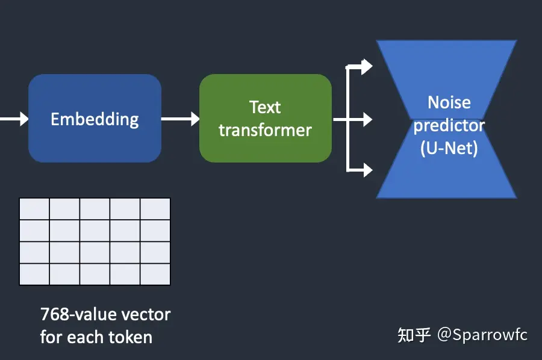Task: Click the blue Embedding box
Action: pos(95,118)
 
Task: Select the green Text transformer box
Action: pos(265,118)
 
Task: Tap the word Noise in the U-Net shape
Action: pos(449,102)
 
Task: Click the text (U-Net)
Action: pos(449,147)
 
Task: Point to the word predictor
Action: pos(449,125)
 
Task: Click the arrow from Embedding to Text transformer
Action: pos(180,119)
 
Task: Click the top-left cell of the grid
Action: pos(34,209)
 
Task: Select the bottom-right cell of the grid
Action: pos(155,274)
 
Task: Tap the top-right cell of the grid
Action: pos(155,209)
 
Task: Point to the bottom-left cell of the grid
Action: pos(34,274)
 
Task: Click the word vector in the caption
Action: pos(146,314)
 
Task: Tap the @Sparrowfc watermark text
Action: pos(482,334)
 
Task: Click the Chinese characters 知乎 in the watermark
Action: pos(414,335)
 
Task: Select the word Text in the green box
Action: pos(265,107)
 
